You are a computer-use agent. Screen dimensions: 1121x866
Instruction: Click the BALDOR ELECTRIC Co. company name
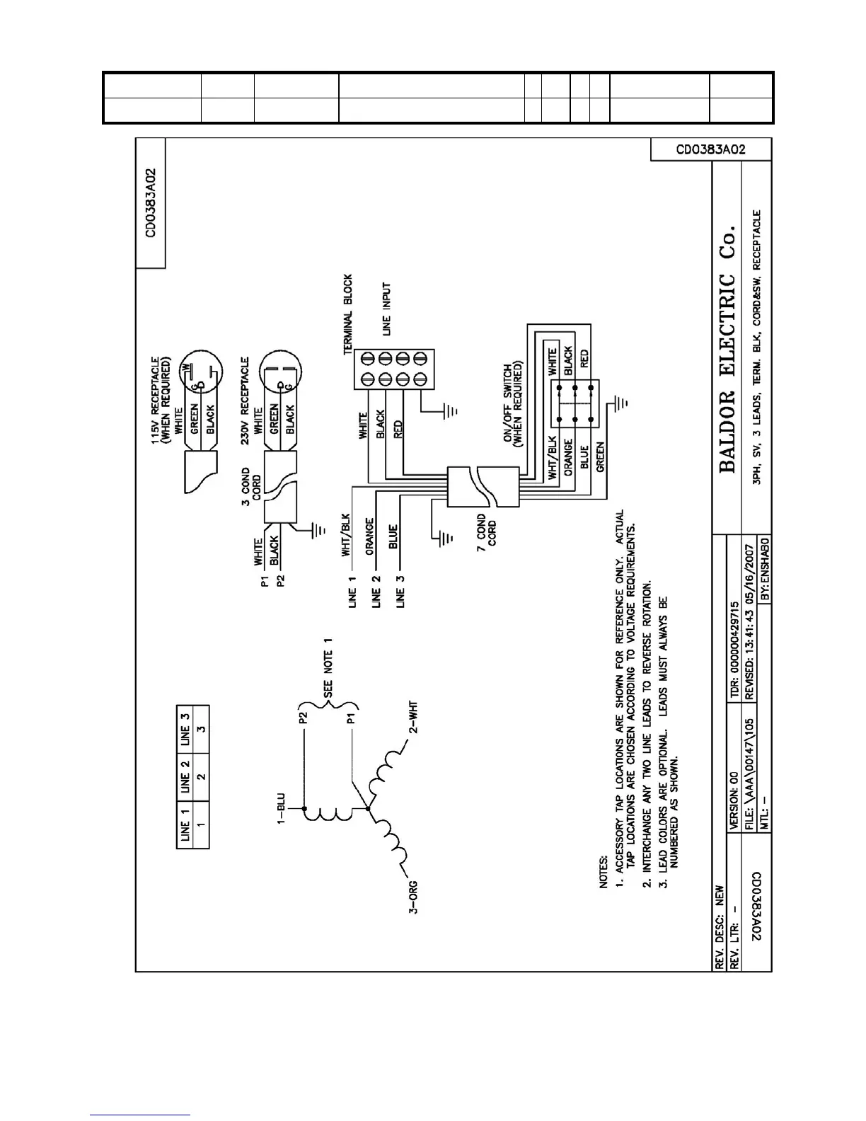coord(727,349)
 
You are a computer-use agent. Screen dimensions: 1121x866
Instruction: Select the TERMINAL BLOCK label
coord(347,314)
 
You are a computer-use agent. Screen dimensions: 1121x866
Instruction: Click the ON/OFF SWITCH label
coord(513,406)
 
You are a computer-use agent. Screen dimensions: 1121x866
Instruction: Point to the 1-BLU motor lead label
coord(280,809)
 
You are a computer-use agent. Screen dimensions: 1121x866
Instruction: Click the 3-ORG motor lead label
coord(413,897)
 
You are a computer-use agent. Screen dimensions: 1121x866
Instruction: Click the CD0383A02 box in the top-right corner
coord(710,150)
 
